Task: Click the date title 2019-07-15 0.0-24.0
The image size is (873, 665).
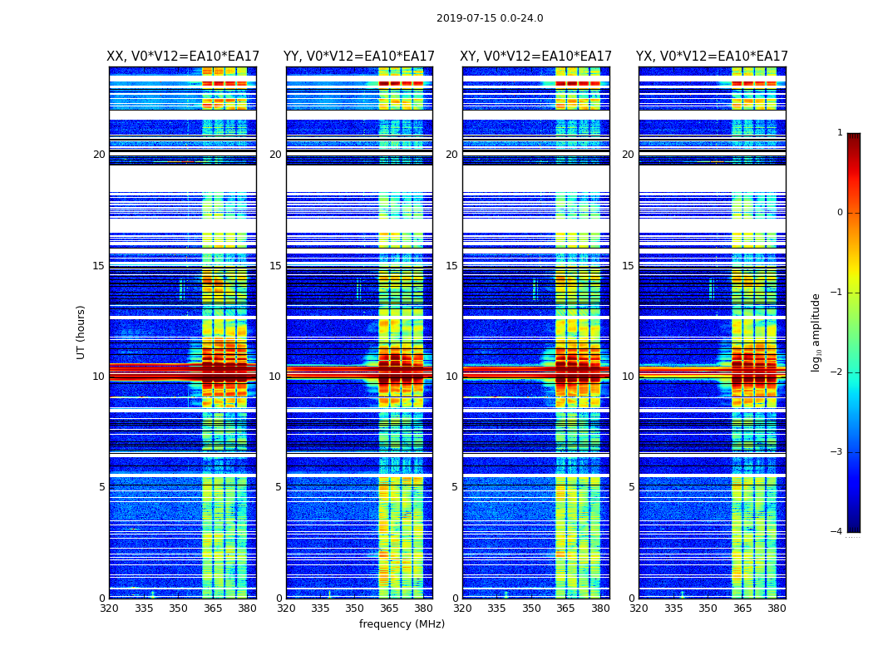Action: click(x=490, y=18)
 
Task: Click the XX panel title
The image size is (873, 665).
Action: click(x=183, y=57)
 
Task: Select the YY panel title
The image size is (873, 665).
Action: click(x=359, y=57)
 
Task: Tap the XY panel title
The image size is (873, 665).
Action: click(x=536, y=57)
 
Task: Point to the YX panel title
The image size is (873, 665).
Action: click(x=713, y=57)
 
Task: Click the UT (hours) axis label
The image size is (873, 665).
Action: click(x=81, y=332)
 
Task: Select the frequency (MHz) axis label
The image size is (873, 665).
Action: click(x=402, y=624)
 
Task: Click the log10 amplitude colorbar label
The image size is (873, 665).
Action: click(x=816, y=332)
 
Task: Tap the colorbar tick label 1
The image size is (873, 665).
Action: click(x=840, y=133)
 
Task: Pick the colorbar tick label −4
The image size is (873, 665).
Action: click(x=838, y=532)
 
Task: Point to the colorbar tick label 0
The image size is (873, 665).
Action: click(x=840, y=213)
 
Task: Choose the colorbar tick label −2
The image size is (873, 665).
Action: click(x=838, y=372)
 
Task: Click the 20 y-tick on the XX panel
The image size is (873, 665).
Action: click(x=99, y=155)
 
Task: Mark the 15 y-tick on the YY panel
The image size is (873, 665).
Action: click(x=275, y=266)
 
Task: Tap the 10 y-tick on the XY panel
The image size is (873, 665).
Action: click(x=451, y=377)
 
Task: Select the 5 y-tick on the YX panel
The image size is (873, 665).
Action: click(x=632, y=487)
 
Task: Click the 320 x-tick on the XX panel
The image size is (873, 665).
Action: click(x=109, y=608)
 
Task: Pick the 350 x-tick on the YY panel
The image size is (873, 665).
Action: click(x=355, y=608)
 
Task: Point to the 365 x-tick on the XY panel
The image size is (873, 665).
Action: click(x=566, y=608)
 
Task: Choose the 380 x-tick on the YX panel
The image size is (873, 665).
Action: click(x=777, y=608)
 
